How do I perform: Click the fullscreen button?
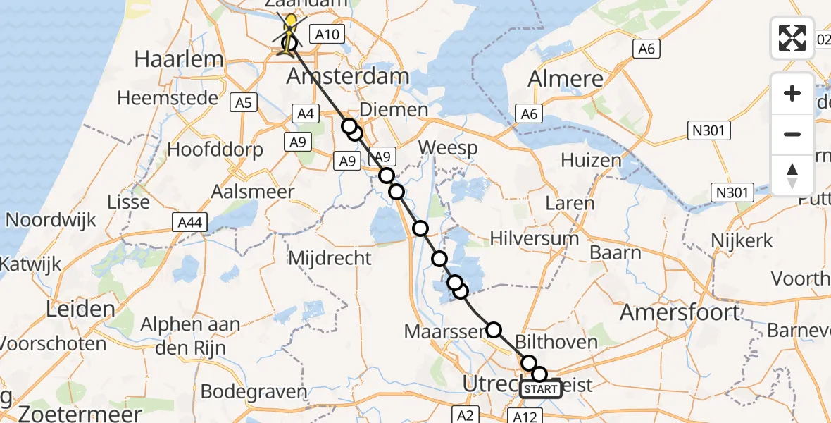tap(792, 38)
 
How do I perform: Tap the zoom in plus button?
tap(792, 94)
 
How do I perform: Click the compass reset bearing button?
tap(792, 175)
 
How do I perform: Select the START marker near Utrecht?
tap(541, 389)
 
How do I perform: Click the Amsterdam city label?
tap(348, 77)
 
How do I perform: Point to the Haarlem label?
tap(179, 59)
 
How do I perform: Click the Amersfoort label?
tap(681, 312)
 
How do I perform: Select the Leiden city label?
tap(80, 309)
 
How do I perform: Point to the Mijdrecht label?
tap(330, 258)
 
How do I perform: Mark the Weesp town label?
tap(448, 149)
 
